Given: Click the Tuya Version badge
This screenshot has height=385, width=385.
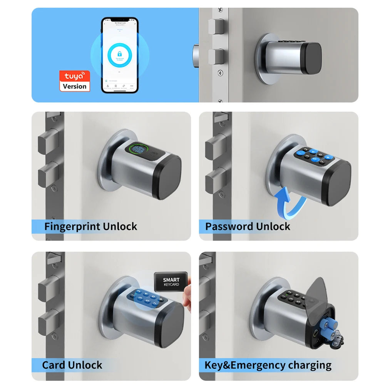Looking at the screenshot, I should coord(75,81).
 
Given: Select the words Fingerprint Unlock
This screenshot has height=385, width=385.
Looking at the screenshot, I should coord(90,226).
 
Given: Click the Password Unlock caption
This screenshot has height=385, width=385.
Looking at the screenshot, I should coord(248,226).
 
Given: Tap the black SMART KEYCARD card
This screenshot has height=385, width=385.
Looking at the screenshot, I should coord(171,282).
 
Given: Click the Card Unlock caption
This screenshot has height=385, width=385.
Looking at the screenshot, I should coord(72,365).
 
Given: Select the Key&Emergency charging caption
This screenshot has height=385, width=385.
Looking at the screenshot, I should coord(268,365).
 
